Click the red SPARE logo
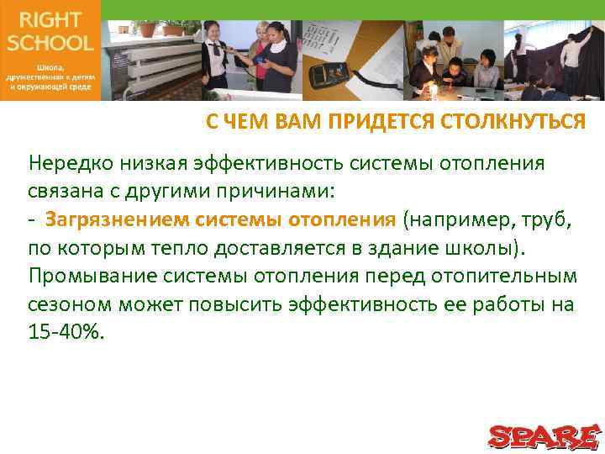(x=544, y=436)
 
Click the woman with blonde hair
(x=255, y=50)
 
